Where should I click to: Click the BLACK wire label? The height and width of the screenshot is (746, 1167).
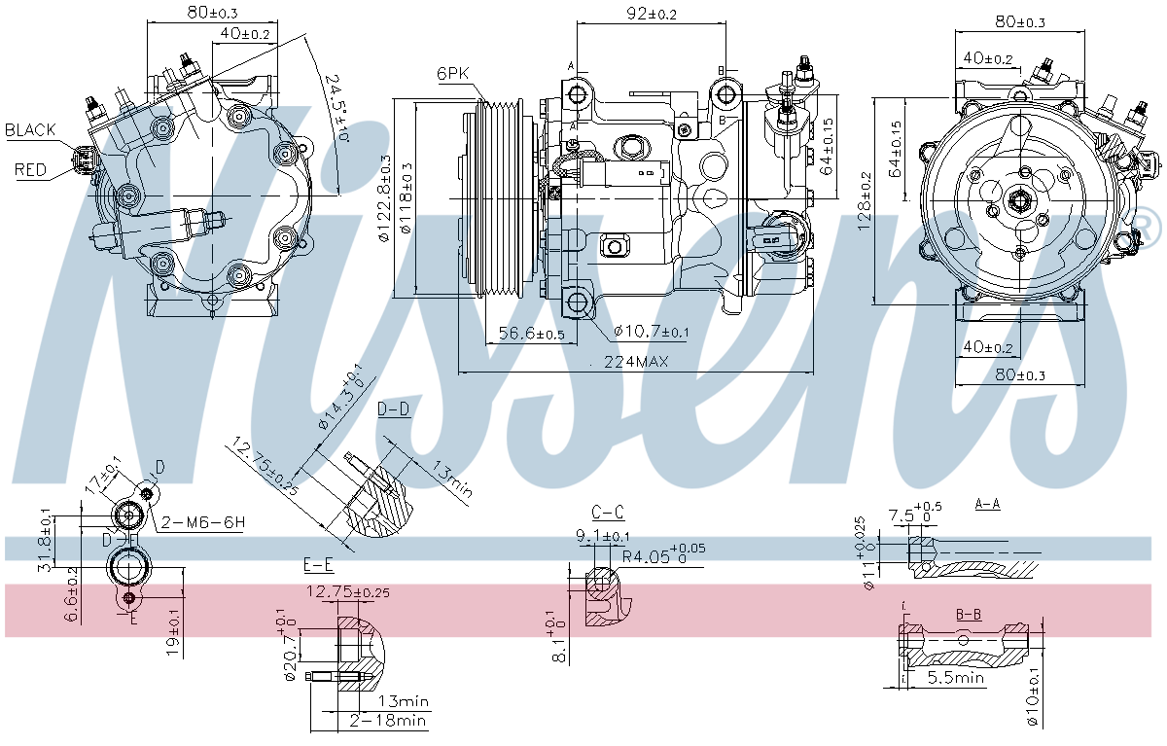pyautogui.click(x=30, y=129)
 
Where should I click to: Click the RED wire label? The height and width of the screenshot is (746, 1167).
pyautogui.click(x=30, y=170)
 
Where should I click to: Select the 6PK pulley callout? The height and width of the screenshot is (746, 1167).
pyautogui.click(x=454, y=73)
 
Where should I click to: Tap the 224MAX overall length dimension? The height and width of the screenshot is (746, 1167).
pyautogui.click(x=637, y=362)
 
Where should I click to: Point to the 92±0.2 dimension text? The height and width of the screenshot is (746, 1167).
pyautogui.click(x=651, y=14)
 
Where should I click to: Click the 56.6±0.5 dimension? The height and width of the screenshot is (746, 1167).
pyautogui.click(x=531, y=334)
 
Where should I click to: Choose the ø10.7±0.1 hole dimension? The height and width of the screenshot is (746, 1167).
pyautogui.click(x=651, y=333)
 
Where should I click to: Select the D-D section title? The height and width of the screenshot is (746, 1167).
pyautogui.click(x=394, y=409)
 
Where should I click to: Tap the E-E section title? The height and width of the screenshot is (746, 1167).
pyautogui.click(x=319, y=565)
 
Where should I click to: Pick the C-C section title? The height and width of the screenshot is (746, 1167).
pyautogui.click(x=607, y=512)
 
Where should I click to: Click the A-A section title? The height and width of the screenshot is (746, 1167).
pyautogui.click(x=988, y=504)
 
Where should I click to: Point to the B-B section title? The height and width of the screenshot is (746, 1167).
pyautogui.click(x=968, y=614)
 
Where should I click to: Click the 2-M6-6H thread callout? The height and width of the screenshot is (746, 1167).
pyautogui.click(x=203, y=522)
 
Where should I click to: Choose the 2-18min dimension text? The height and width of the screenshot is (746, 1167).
pyautogui.click(x=388, y=721)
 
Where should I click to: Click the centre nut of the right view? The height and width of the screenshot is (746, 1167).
pyautogui.click(x=1020, y=200)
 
